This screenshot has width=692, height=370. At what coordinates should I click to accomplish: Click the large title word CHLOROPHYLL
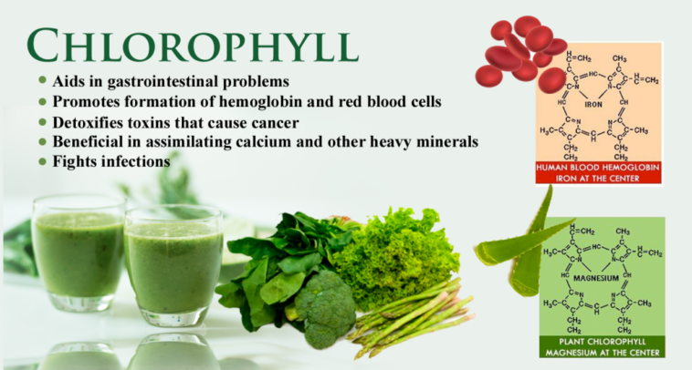click(191, 45)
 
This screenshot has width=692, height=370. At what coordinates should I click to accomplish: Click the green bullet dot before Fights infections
click(42, 162)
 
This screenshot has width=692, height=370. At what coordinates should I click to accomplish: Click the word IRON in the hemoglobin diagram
click(594, 105)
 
